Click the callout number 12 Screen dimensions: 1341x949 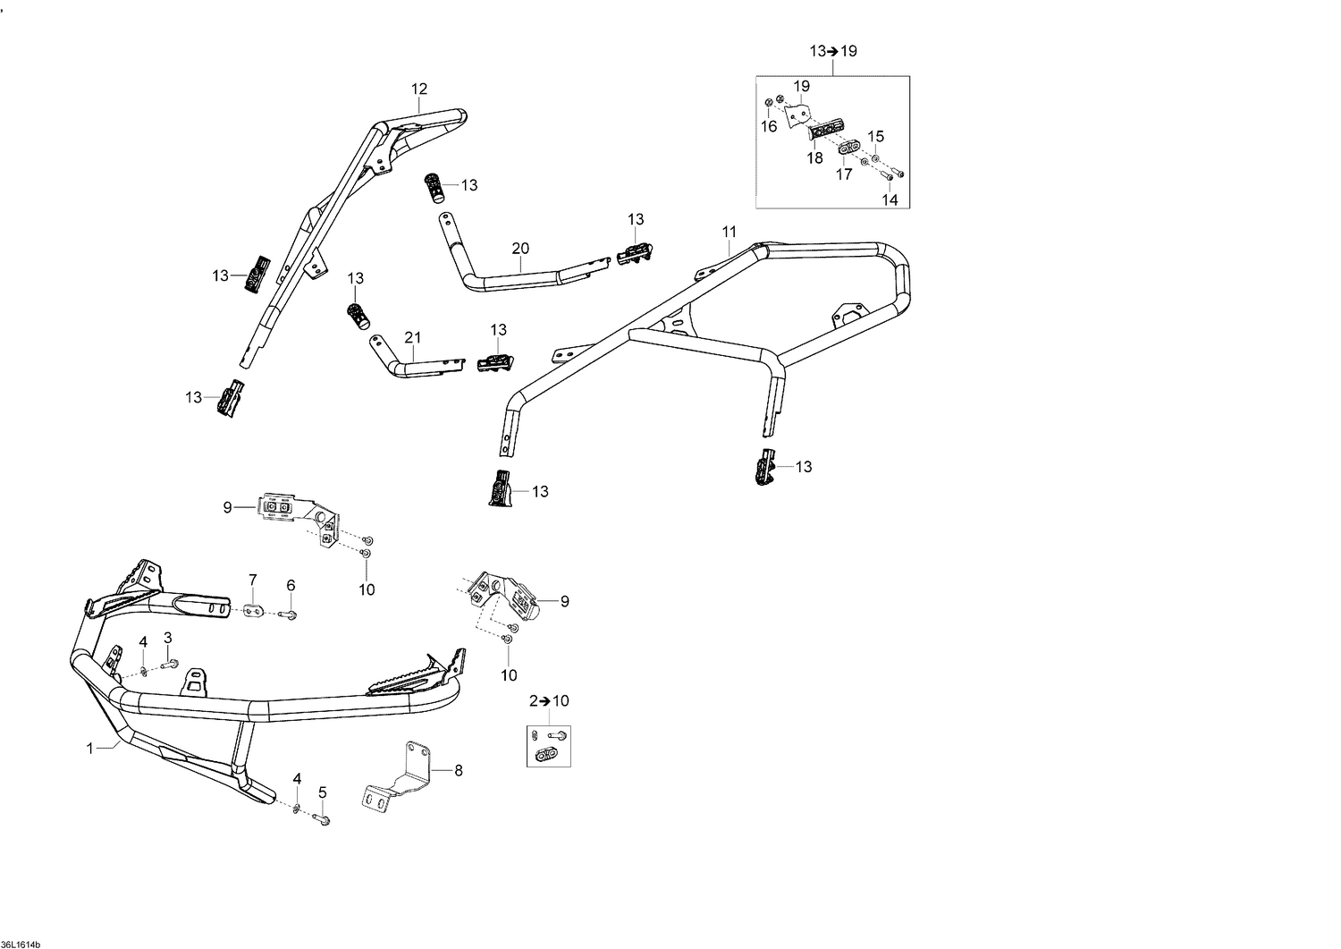pyautogui.click(x=419, y=89)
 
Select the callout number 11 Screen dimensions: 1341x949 pyautogui.click(x=730, y=232)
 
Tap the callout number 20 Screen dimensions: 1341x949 pyautogui.click(x=521, y=248)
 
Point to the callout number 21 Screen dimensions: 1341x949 pyautogui.click(x=413, y=338)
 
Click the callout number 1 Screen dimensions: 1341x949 pyautogui.click(x=90, y=749)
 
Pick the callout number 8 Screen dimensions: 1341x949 pyautogui.click(x=459, y=770)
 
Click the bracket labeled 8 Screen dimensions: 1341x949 pyautogui.click(x=398, y=778)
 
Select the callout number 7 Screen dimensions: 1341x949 pyautogui.click(x=253, y=580)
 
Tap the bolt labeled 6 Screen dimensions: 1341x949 pyautogui.click(x=288, y=614)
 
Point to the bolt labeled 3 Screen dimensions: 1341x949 pyautogui.click(x=170, y=664)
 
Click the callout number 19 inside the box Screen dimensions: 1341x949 pyautogui.click(x=802, y=86)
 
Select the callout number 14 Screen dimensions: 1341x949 pyautogui.click(x=890, y=200)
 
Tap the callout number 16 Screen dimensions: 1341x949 pyautogui.click(x=769, y=126)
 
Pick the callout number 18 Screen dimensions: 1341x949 pyautogui.click(x=814, y=158)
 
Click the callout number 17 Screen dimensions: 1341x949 pyautogui.click(x=844, y=174)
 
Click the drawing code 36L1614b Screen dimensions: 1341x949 pyautogui.click(x=21, y=945)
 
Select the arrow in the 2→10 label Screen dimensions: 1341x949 pyautogui.click(x=544, y=701)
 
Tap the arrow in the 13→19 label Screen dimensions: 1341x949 pyautogui.click(x=833, y=52)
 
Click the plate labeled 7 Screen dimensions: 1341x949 pyautogui.click(x=253, y=611)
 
